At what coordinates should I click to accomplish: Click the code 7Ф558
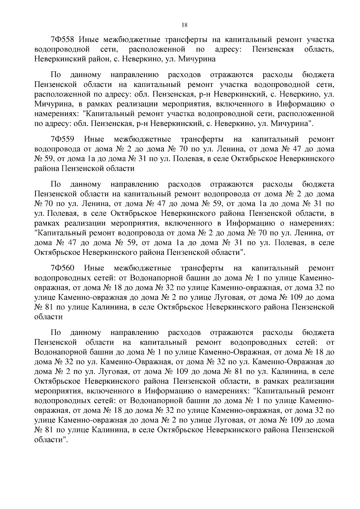(64, 40)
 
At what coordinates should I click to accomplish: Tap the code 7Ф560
(64, 268)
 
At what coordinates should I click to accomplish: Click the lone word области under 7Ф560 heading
(48, 317)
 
